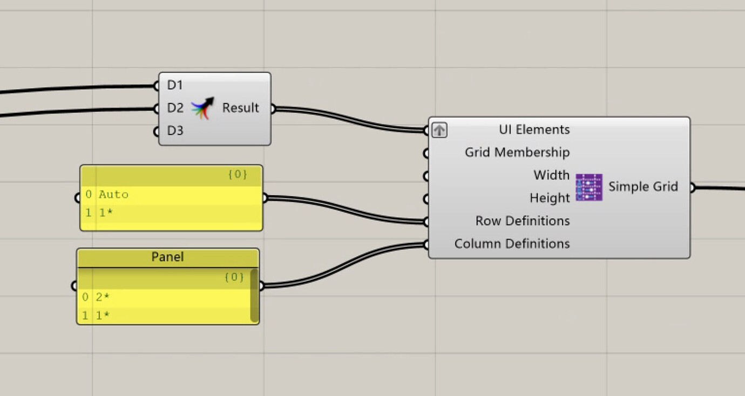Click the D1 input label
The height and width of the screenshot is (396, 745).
coord(175,85)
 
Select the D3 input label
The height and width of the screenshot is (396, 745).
coord(175,131)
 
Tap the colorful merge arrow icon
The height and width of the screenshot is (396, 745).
coord(202,108)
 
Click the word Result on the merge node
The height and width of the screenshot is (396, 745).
coord(241,108)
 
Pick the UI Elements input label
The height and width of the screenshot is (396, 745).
coord(534,129)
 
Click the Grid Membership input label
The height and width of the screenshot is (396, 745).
coord(517,153)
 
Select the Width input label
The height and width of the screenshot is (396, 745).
coord(551,175)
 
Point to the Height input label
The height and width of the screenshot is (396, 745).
coord(550,198)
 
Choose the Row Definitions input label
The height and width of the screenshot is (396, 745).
coord(523,221)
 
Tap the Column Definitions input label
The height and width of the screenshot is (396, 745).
coord(512,244)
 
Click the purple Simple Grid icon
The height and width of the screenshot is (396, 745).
coord(589,187)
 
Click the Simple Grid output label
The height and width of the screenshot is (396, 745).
coord(643,187)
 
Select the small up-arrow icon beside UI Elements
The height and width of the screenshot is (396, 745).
coord(439,130)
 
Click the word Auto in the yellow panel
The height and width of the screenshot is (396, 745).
coord(113,195)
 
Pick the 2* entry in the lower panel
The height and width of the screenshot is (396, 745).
coord(103,297)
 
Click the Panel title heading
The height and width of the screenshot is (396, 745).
coord(167,257)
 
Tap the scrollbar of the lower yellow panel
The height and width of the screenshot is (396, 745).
coord(254,296)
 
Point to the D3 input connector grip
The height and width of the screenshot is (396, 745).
coord(156,131)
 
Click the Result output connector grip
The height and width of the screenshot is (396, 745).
coord(272,109)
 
